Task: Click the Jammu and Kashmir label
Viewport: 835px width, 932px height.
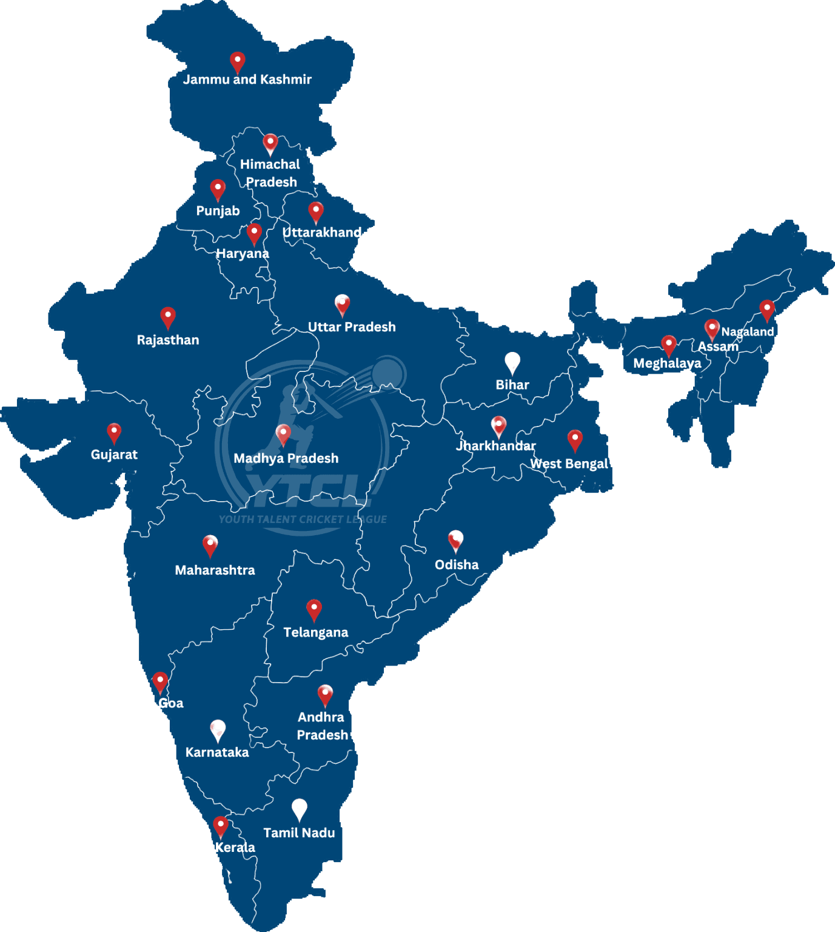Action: [247, 79]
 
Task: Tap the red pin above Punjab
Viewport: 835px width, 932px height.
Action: [218, 189]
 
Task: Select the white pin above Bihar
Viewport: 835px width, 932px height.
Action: [512, 362]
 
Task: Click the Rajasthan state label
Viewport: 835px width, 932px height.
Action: [168, 340]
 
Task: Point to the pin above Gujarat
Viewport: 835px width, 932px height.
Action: [114, 432]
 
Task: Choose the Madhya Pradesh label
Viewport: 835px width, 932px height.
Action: [286, 458]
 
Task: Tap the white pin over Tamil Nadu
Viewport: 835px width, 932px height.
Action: [300, 809]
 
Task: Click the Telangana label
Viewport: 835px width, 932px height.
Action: [316, 632]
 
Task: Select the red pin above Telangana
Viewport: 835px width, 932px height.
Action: [314, 609]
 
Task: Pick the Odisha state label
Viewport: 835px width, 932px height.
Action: [457, 565]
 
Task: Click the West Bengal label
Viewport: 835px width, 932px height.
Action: [569, 464]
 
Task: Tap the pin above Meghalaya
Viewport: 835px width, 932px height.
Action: [668, 345]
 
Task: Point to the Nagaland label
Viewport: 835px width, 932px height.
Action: [747, 331]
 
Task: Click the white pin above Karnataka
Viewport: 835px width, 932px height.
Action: [218, 730]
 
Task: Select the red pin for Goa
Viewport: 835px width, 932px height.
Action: [160, 681]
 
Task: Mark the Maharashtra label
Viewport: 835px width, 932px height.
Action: [215, 570]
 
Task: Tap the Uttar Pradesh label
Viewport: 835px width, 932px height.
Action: [352, 327]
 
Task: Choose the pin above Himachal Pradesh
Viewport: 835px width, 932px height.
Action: [270, 143]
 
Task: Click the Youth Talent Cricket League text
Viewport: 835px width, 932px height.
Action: [303, 519]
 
